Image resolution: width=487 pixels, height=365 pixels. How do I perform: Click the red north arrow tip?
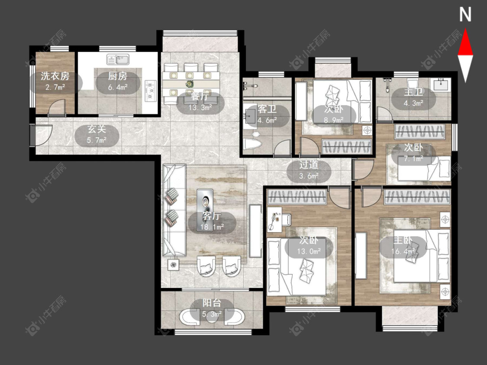(465, 29)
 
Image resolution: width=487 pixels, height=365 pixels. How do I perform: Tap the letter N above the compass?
(465, 15)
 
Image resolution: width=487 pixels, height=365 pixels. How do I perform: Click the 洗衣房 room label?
(55, 76)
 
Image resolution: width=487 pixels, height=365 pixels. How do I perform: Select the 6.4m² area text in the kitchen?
(118, 87)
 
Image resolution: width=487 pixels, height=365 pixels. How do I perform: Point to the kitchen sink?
(118, 59)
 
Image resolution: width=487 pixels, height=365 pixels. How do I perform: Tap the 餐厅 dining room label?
(200, 96)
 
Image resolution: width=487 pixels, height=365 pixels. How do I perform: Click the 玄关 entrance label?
(97, 129)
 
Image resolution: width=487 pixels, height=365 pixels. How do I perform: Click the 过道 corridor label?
(309, 165)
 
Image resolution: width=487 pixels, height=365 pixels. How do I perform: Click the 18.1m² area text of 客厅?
(212, 227)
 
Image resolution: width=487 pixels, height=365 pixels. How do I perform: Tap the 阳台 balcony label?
(212, 303)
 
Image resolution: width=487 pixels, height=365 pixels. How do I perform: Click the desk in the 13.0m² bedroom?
(274, 219)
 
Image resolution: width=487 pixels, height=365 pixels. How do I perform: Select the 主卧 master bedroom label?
(403, 240)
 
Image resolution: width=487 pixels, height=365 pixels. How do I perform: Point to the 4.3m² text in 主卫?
(413, 103)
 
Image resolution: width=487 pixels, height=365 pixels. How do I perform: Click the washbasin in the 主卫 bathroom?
(440, 84)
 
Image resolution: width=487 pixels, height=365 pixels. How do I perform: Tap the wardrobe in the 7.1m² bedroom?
(419, 131)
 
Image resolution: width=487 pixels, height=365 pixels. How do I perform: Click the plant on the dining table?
(189, 83)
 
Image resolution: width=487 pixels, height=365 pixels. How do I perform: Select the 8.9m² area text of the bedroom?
(334, 120)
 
